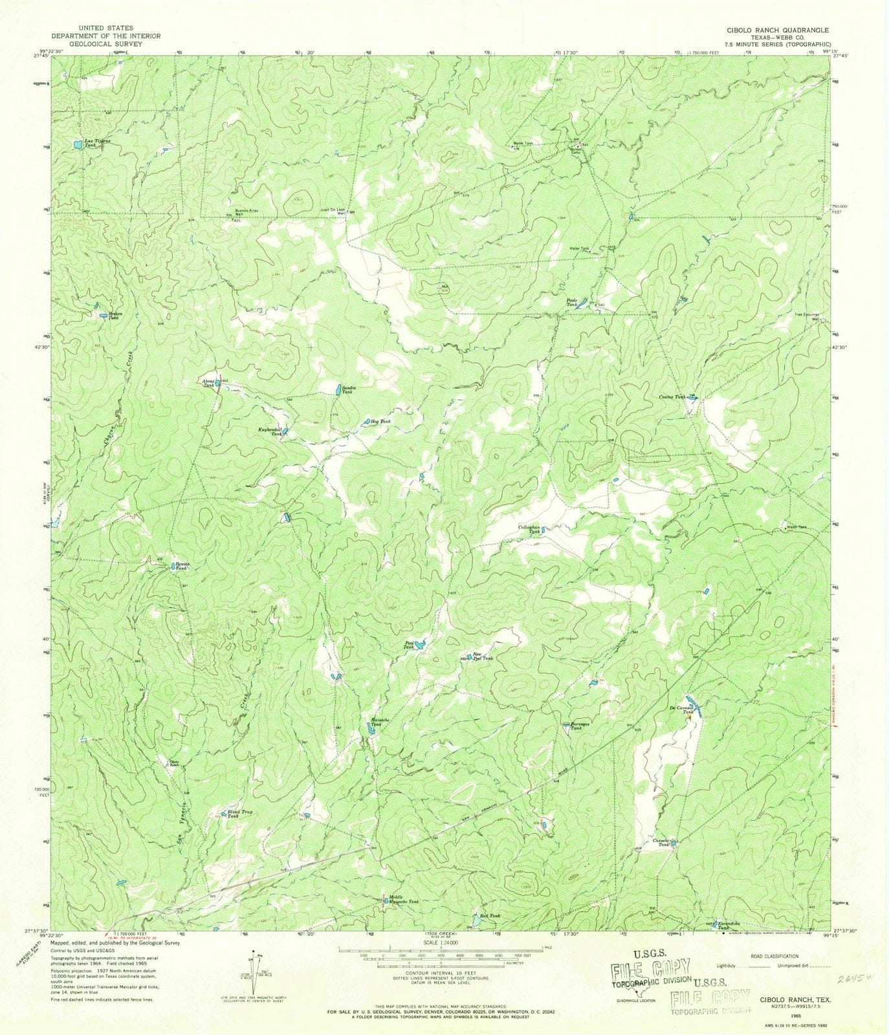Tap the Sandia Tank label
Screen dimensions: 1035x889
pyautogui.click(x=347, y=390)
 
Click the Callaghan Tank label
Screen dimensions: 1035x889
pyautogui.click(x=529, y=529)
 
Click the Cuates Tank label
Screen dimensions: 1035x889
pyautogui.click(x=673, y=397)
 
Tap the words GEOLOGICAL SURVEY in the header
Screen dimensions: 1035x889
pyautogui.click(x=105, y=44)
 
